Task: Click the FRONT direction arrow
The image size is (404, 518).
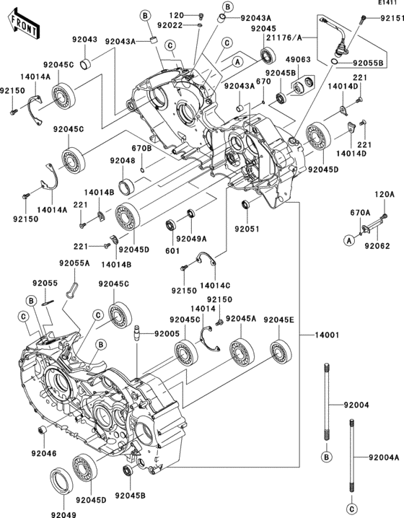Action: click(x=23, y=24)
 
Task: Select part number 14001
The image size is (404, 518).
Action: click(x=327, y=335)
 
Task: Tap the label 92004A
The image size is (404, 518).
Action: click(x=384, y=457)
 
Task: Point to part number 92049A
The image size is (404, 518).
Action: click(x=191, y=239)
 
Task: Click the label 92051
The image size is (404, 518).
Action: click(x=247, y=229)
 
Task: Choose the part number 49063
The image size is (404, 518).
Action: click(x=298, y=59)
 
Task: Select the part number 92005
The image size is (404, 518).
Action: click(x=167, y=333)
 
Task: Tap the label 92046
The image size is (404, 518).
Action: click(x=44, y=454)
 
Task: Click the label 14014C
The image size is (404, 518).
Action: click(x=215, y=285)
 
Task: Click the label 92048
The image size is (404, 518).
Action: click(x=123, y=161)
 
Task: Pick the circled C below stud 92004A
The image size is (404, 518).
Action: click(x=352, y=508)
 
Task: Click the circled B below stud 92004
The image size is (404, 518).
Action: click(x=326, y=457)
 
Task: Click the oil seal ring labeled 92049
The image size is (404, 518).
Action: click(x=61, y=480)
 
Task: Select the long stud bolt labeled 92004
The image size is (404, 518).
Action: click(x=326, y=401)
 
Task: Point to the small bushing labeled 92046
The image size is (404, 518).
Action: click(x=43, y=431)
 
